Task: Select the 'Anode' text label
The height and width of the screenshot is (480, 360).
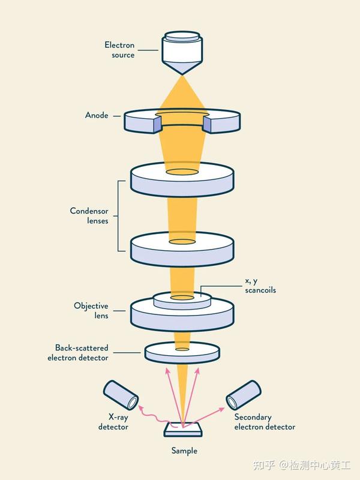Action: (x=97, y=115)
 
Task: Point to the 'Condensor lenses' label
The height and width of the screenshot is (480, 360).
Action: (x=89, y=215)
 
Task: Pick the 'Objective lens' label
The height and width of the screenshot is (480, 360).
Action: (x=91, y=310)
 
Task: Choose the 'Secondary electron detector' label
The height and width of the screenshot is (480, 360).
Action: (x=265, y=422)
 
